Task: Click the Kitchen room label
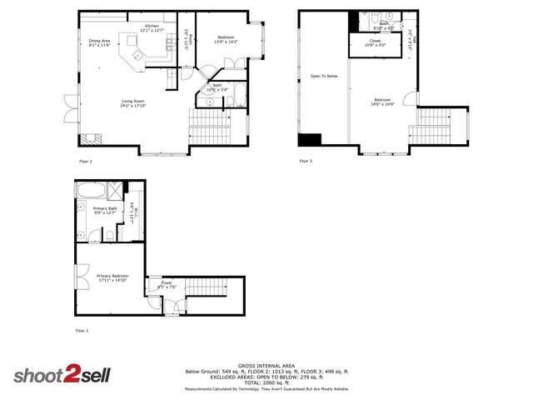(152, 27)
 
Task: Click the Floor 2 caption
(85, 161)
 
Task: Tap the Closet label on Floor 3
(376, 40)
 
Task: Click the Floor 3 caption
(305, 161)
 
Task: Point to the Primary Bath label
(105, 209)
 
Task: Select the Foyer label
(167, 284)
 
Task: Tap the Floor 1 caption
(82, 331)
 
